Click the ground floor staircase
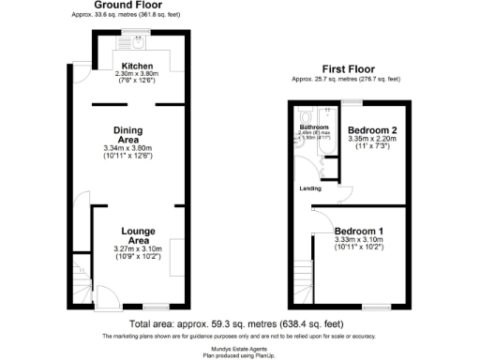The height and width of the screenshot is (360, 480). [82, 277]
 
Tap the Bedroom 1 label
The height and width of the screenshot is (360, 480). [358, 230]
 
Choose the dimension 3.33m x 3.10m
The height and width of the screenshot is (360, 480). [358, 240]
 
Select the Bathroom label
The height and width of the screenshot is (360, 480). [314, 127]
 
